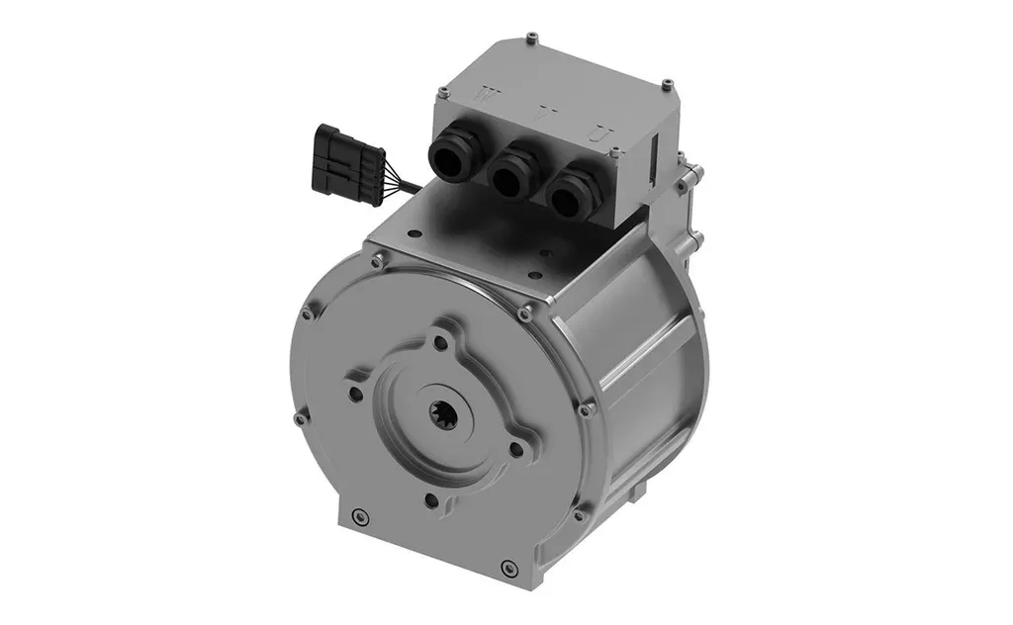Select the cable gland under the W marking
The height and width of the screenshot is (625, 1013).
click(450, 155)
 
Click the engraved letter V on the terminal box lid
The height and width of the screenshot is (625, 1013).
click(540, 114)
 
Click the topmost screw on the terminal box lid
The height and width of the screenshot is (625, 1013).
click(532, 38)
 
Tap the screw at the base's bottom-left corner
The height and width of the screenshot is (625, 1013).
click(359, 515)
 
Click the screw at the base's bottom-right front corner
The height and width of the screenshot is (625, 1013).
click(508, 568)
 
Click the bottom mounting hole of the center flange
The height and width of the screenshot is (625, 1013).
click(431, 500)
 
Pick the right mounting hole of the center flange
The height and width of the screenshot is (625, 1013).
click(515, 449)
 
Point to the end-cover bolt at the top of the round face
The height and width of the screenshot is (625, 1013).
click(378, 262)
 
